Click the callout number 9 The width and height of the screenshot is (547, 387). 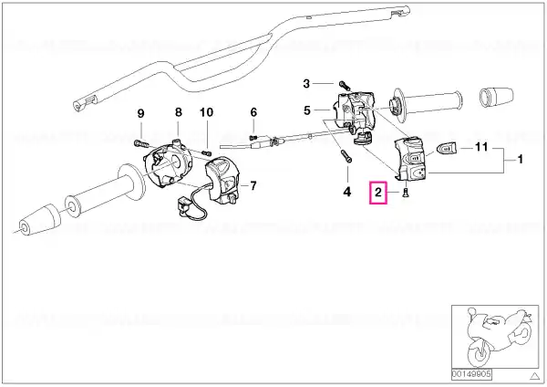pos(140,113)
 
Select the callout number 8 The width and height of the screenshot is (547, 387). pos(179,112)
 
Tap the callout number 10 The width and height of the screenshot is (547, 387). pos(206,112)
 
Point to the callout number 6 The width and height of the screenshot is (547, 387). pos(253,112)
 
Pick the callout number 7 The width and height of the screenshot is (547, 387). pos(253,185)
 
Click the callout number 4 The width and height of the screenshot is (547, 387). pos(347,192)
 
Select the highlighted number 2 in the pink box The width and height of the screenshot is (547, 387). pos(378,192)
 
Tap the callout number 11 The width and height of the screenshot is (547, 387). pos(481,147)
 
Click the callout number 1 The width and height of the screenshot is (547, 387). pos(521,160)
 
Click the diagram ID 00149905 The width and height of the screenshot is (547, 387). pos(471,375)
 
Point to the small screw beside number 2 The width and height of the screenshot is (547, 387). pos(406,193)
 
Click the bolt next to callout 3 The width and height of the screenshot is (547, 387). pos(344,85)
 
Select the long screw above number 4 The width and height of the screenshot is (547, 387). pos(346,156)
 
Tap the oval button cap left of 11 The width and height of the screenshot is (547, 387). pos(447,148)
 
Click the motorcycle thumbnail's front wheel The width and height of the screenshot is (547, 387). pos(479,353)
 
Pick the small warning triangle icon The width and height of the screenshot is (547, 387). pos(534,376)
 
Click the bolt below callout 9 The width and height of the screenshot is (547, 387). pos(140,143)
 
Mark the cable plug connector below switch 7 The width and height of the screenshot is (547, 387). pos(183,208)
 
